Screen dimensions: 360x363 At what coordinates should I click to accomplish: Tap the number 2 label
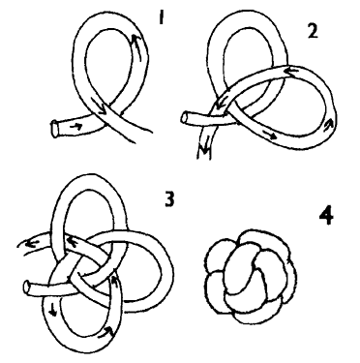point(313,31)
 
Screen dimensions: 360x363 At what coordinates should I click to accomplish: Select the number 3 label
point(169,198)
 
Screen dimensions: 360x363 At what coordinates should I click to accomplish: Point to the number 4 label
point(326,217)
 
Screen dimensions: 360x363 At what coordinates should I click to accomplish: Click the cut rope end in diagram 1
point(56,128)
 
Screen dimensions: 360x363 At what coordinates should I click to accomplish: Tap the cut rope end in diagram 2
point(185,117)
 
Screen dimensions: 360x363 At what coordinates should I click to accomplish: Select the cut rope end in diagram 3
point(28,287)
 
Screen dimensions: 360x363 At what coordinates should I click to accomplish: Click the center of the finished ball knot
point(251,276)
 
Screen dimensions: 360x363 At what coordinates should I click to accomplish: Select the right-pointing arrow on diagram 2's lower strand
point(268,135)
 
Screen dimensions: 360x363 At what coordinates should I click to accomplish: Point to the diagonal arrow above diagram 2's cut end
point(220,104)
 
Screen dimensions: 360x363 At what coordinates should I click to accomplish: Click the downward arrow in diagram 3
point(52,311)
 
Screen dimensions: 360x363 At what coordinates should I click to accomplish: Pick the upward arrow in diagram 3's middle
point(113,280)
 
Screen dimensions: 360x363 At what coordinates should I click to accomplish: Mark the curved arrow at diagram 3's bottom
point(105,331)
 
